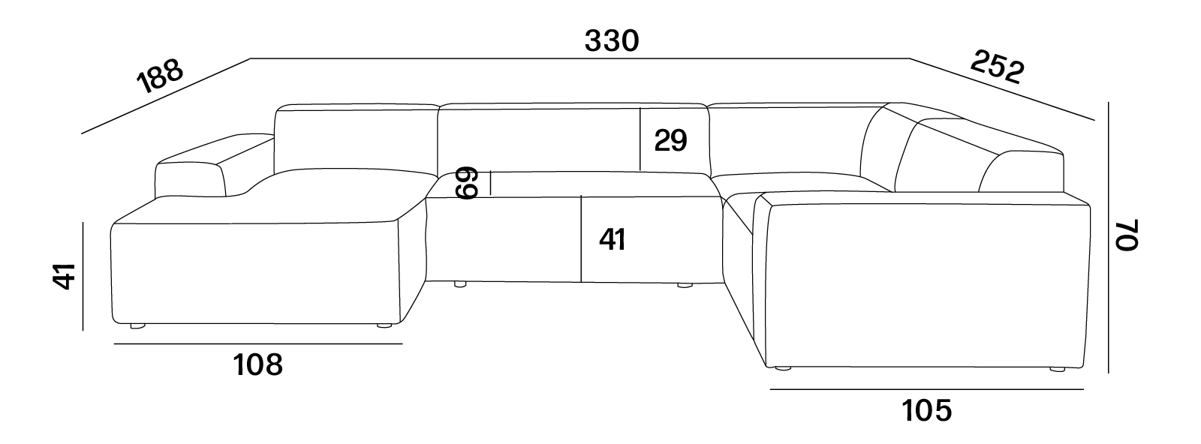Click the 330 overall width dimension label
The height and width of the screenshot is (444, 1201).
pyautogui.click(x=612, y=41)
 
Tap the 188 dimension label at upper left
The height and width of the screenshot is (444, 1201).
pyautogui.click(x=161, y=76)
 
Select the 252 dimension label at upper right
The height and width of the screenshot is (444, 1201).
pyautogui.click(x=998, y=67)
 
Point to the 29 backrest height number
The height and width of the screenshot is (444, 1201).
pyautogui.click(x=671, y=141)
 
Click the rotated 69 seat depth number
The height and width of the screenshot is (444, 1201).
pyautogui.click(x=466, y=183)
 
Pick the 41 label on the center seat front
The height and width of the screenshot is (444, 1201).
pyautogui.click(x=613, y=239)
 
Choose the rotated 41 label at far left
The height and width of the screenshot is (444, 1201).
pyautogui.click(x=65, y=276)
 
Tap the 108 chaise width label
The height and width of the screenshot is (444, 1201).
pyautogui.click(x=258, y=365)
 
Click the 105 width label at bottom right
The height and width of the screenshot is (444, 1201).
pyautogui.click(x=926, y=411)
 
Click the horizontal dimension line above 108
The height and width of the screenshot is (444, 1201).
pyautogui.click(x=258, y=343)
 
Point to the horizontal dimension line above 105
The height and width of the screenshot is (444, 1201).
pyautogui.click(x=926, y=389)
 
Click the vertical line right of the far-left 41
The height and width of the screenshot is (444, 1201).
pyautogui.click(x=83, y=276)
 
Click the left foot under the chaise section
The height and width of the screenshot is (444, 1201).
pyautogui.click(x=138, y=325)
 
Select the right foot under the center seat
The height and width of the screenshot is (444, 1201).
pyautogui.click(x=685, y=286)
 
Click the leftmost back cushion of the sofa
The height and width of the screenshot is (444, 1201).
pyautogui.click(x=356, y=140)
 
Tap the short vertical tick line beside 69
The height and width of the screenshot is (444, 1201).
pyautogui.click(x=491, y=183)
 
